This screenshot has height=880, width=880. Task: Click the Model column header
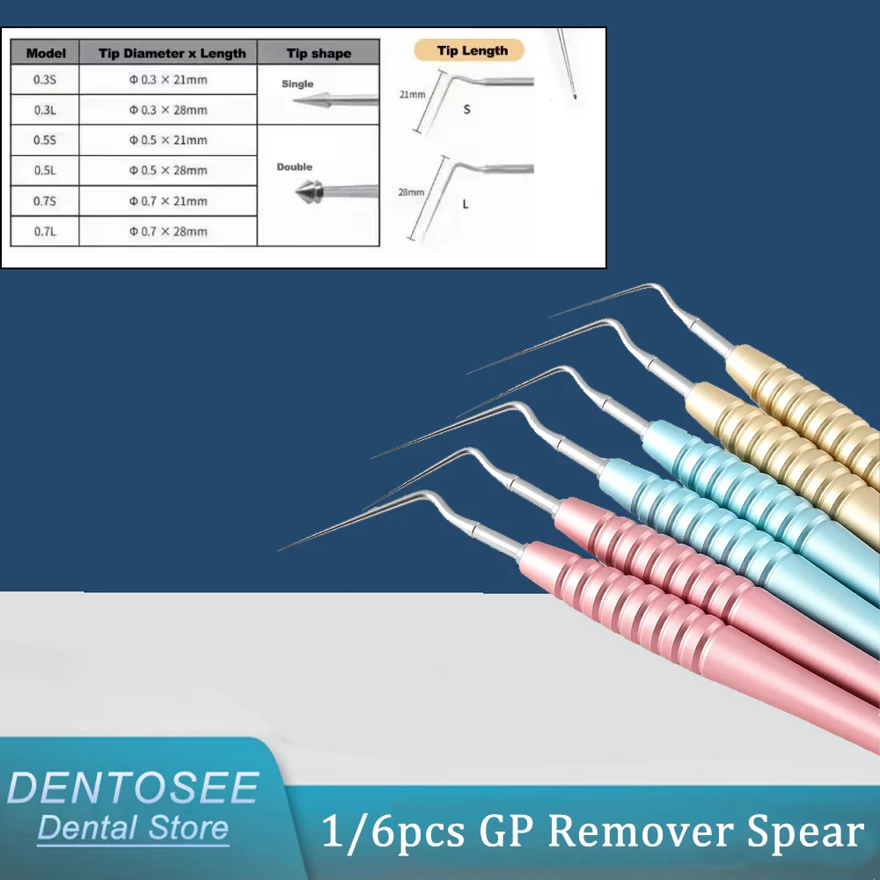[x=46, y=53]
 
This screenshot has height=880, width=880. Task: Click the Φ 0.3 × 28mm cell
[x=168, y=110]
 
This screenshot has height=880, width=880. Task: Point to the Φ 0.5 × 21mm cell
[x=168, y=140]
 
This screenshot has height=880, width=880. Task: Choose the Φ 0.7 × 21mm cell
[x=168, y=201]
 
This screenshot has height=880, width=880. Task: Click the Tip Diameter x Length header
[x=168, y=53]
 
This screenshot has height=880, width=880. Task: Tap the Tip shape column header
[x=319, y=53]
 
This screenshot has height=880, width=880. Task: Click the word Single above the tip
[x=297, y=84]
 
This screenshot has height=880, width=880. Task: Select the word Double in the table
[x=295, y=166]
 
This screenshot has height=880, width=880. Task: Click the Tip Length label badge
[x=473, y=51]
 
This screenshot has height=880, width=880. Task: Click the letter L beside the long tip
[x=466, y=204]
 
